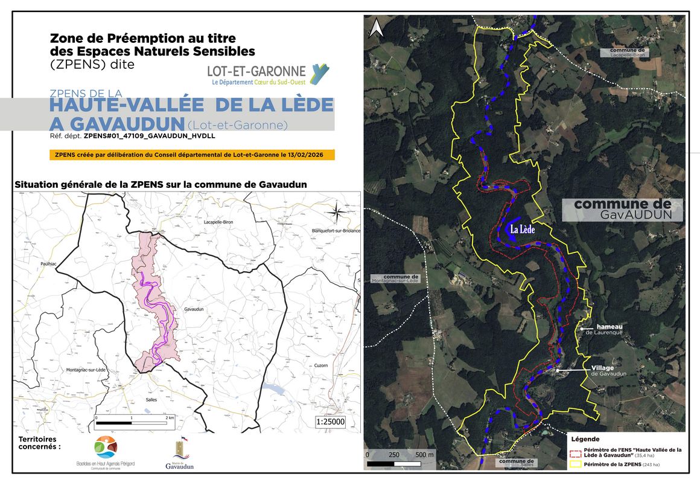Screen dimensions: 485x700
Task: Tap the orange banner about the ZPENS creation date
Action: tap(192, 155)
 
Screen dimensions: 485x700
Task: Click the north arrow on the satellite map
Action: tap(375, 27)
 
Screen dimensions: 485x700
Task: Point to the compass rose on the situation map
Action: tap(338, 211)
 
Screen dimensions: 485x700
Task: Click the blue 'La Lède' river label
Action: tap(522, 230)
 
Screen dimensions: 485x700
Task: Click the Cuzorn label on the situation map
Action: tap(320, 365)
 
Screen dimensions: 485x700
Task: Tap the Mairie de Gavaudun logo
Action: tap(178, 455)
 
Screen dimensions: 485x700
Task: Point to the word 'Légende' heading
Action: tap(585, 439)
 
